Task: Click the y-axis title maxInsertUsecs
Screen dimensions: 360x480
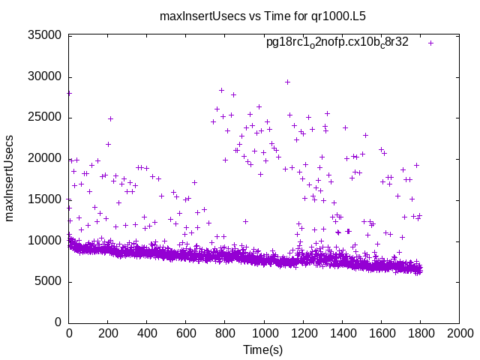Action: (10, 178)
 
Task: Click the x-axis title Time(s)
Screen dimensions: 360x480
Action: (263, 349)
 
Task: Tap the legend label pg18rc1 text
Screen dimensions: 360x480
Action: (337, 43)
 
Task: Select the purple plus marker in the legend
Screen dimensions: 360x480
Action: (431, 43)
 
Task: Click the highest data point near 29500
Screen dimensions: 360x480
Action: (287, 82)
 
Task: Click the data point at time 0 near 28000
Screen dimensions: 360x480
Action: (69, 93)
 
